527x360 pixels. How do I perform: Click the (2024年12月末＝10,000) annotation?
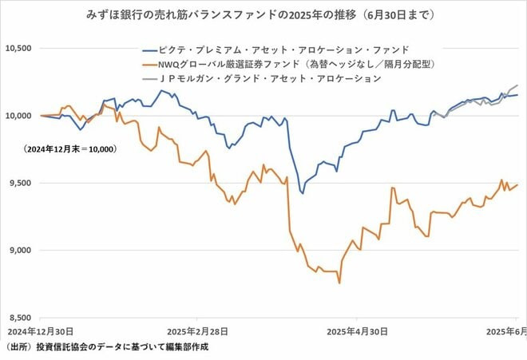pos(70,149)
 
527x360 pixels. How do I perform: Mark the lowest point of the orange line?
pos(339,283)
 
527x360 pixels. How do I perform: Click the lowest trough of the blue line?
pos(302,192)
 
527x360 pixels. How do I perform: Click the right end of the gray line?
pos(517,85)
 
